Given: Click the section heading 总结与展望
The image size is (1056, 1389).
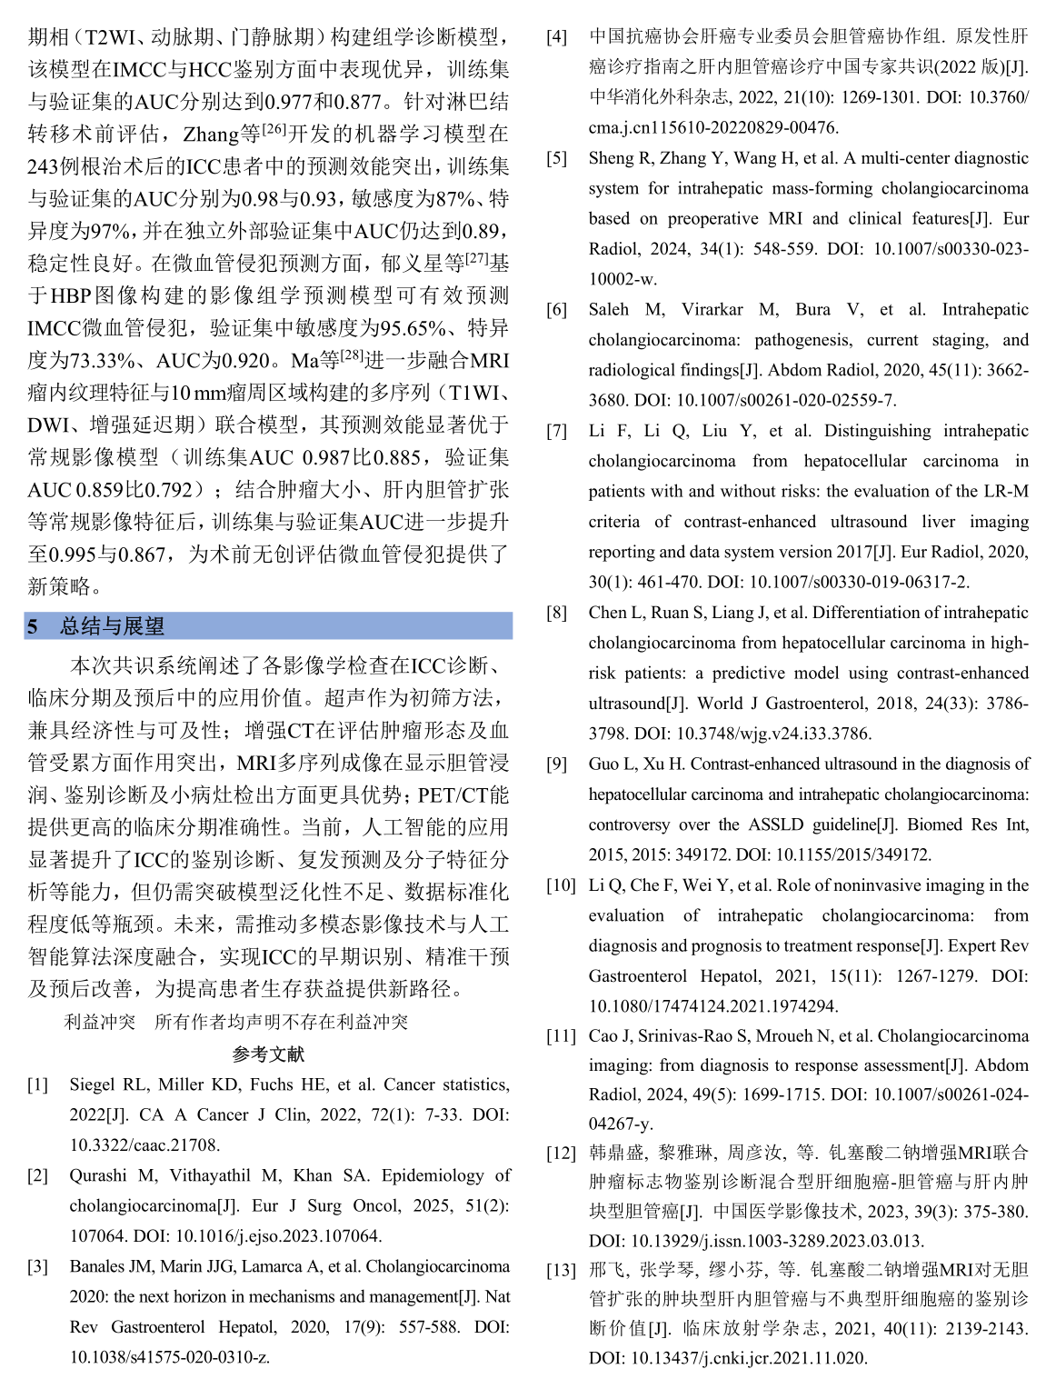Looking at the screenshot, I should pyautogui.click(x=112, y=626).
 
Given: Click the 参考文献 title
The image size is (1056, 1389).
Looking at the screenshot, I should pyautogui.click(x=268, y=1054).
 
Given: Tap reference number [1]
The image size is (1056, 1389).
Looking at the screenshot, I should pyautogui.click(x=37, y=1084).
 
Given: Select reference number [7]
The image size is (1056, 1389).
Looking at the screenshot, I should pyautogui.click(x=556, y=431).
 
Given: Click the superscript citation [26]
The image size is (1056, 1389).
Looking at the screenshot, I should pyautogui.click(x=274, y=129).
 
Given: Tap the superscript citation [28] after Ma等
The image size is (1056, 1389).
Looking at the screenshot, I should pyautogui.click(x=352, y=355).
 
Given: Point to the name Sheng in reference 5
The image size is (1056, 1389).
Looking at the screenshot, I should pyautogui.click(x=611, y=158).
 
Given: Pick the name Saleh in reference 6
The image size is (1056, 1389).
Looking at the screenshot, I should pyautogui.click(x=609, y=310).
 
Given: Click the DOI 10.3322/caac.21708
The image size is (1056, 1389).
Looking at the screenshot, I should pyautogui.click(x=144, y=1145).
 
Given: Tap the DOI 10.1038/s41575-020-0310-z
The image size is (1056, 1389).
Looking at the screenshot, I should pyautogui.click(x=169, y=1357).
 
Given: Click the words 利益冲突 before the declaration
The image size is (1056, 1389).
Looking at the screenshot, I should pyautogui.click(x=99, y=1022).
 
